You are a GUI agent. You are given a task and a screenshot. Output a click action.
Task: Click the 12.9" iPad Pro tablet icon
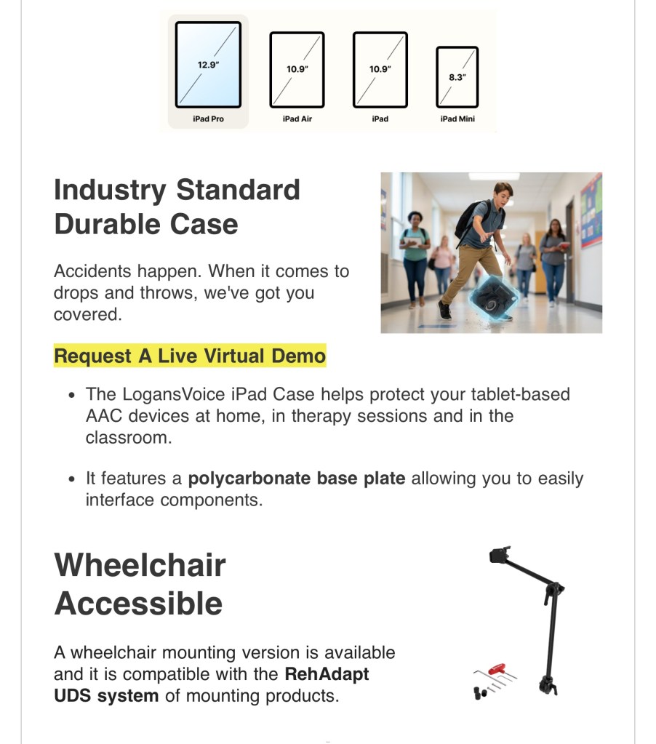[x=208, y=65]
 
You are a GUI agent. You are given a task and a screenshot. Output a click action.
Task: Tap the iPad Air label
[x=297, y=119]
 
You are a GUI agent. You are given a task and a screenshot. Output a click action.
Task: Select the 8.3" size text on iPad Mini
[x=457, y=77]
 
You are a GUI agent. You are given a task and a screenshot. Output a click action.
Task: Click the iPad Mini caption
[x=457, y=119]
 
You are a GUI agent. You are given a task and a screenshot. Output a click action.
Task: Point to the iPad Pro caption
[x=208, y=119]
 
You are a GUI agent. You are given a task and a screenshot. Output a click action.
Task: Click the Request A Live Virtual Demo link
[x=190, y=356]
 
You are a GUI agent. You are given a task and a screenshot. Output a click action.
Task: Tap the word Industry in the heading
[x=110, y=191]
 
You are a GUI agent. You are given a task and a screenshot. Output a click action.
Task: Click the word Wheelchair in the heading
[x=140, y=565]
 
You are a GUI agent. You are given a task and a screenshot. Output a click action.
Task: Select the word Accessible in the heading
[x=138, y=604]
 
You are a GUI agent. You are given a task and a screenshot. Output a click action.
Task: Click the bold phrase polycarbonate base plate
[x=297, y=479]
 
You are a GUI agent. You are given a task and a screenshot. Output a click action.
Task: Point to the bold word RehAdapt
[x=327, y=673]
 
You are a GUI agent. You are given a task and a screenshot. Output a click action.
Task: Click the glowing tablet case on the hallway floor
[x=492, y=298]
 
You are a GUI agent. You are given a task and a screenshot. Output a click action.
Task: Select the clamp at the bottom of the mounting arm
[x=548, y=686]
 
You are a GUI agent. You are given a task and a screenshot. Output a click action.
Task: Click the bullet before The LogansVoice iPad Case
[x=71, y=395]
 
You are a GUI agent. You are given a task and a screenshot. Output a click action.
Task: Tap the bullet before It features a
[x=71, y=479]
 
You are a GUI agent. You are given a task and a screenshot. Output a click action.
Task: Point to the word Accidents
[x=92, y=271]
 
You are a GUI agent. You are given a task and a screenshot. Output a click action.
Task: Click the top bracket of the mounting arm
[x=500, y=554]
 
